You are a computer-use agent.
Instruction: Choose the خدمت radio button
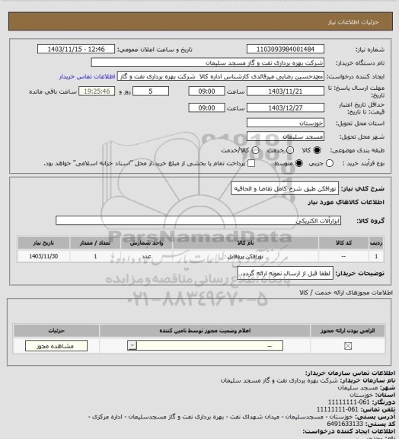click(257, 150)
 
